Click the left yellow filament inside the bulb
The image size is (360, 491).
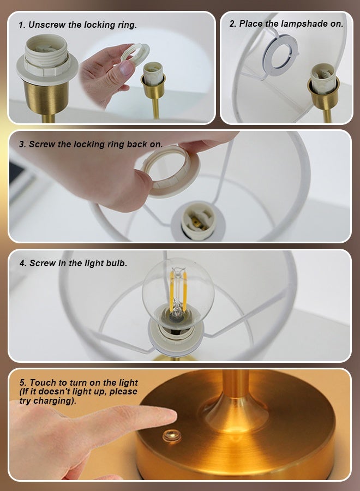172,291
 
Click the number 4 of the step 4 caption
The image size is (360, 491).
22,264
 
